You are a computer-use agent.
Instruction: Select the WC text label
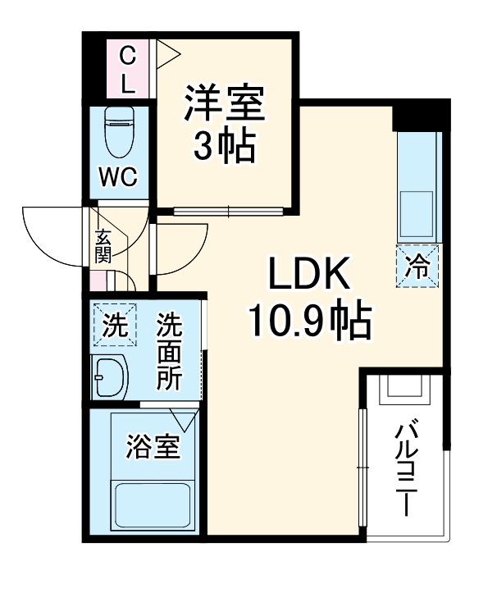point(119,177)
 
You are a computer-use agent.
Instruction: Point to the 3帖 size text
point(223,148)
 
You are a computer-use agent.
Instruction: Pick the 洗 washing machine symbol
point(114,326)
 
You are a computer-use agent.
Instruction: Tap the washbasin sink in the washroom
point(111,379)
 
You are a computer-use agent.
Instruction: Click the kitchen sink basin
point(417,212)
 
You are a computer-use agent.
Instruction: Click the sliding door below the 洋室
point(230,211)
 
